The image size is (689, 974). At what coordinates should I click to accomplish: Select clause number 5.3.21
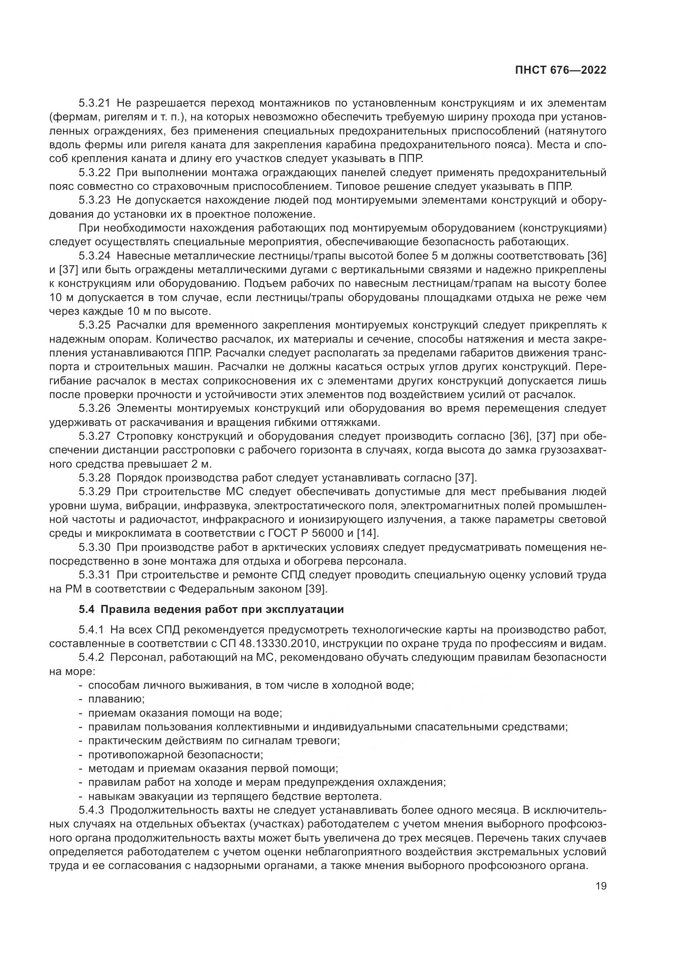[94, 103]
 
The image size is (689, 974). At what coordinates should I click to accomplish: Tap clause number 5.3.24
[94, 256]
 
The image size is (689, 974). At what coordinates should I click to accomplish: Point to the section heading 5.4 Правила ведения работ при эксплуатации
[211, 610]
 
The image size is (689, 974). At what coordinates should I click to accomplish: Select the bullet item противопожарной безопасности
[175, 754]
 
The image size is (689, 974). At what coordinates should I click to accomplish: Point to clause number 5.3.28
[94, 478]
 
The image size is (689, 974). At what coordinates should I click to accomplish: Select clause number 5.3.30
[94, 547]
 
